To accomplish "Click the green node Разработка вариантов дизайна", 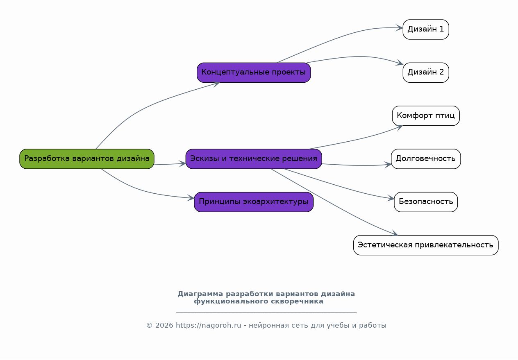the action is [x=87, y=159].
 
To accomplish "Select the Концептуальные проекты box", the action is [x=254, y=72].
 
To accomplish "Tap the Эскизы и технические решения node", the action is [x=254, y=159].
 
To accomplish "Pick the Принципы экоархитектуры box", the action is [x=254, y=202].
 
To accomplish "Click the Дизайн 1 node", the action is [x=426, y=29].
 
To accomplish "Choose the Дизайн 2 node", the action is [x=426, y=72].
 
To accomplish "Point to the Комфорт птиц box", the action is [x=426, y=116].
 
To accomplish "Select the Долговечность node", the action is [x=426, y=159].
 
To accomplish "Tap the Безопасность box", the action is [x=426, y=202].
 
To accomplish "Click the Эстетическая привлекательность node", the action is [x=426, y=245].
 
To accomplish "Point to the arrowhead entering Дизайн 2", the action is [x=400, y=63].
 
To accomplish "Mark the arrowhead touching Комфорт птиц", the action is [x=399, y=127].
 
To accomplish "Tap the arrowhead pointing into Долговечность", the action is [x=388, y=165].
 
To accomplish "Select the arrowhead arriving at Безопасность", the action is [x=391, y=198].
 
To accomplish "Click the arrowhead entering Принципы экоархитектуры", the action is [x=191, y=198].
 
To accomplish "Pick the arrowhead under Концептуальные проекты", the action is [x=216, y=84].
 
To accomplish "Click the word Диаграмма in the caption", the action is [x=200, y=294].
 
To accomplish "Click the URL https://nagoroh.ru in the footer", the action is [x=208, y=325].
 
